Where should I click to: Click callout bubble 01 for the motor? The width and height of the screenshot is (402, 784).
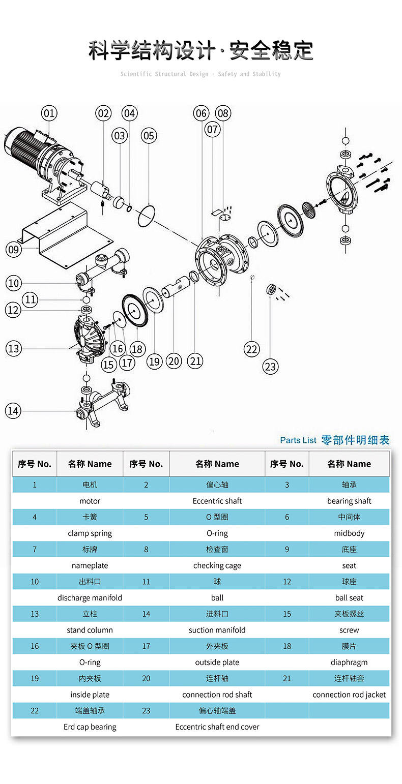click(x=49, y=113)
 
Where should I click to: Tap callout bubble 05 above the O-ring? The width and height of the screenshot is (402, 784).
click(x=149, y=135)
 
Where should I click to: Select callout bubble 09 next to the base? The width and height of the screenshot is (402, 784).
click(x=13, y=249)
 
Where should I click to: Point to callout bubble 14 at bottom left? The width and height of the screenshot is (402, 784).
click(x=13, y=411)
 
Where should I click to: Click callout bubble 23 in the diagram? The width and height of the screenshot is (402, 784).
click(x=270, y=366)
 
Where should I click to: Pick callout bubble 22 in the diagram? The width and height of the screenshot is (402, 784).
click(x=252, y=349)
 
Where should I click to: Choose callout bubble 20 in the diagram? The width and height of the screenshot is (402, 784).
click(x=174, y=361)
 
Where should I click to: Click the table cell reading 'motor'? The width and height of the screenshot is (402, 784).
click(x=90, y=501)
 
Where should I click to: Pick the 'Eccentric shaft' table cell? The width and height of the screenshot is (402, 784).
click(x=217, y=501)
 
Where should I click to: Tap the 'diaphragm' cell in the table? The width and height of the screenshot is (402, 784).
click(x=349, y=662)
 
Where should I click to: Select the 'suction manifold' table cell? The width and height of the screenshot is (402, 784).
click(x=217, y=630)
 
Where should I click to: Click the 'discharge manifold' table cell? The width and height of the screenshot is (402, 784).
click(x=90, y=598)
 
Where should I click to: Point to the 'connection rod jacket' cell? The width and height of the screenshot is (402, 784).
click(x=349, y=695)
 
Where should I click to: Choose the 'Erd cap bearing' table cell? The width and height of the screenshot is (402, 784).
click(x=90, y=727)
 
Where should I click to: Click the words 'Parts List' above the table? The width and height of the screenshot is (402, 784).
click(x=298, y=440)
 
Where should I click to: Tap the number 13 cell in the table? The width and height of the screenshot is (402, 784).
click(x=35, y=614)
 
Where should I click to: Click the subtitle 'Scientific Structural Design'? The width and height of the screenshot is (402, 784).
click(x=164, y=74)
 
